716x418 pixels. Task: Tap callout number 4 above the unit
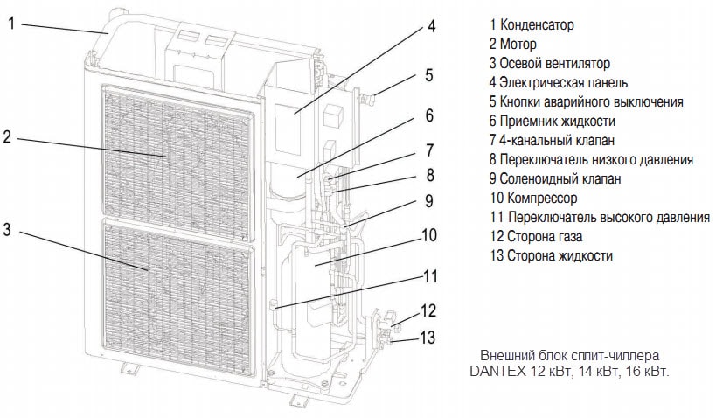(431, 25)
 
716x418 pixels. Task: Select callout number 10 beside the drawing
(428, 234)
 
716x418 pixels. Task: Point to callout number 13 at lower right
(428, 338)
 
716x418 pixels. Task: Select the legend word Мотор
(518, 44)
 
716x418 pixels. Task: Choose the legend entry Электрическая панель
(564, 82)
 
